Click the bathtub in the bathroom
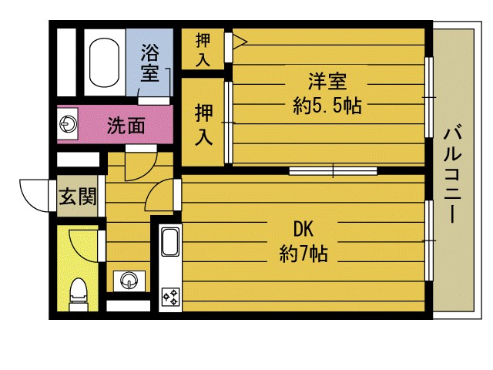104,62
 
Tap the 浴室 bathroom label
150,62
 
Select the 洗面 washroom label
126,125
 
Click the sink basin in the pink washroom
68,123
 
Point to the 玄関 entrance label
78,197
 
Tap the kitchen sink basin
170,242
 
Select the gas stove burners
170,297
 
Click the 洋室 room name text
327,81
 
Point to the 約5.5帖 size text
327,106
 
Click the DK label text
303,229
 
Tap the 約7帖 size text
304,254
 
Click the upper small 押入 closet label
203,49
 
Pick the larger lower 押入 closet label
203,125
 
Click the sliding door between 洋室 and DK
333,171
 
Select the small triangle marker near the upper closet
240,41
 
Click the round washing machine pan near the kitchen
129,280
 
